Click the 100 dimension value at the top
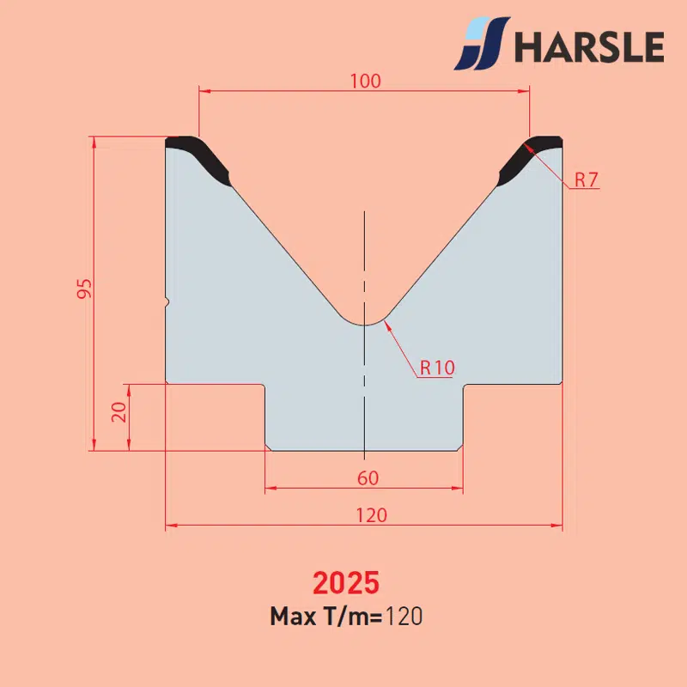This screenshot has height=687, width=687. (x=366, y=81)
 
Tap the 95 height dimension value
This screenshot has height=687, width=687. (x=84, y=289)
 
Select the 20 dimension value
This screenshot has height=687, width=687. (x=119, y=412)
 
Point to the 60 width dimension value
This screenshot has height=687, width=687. (x=368, y=478)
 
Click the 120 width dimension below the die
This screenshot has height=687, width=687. (x=372, y=515)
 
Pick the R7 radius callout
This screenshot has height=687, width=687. (x=587, y=179)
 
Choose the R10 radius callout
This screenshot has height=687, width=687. (x=437, y=368)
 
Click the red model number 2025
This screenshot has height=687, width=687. (x=346, y=583)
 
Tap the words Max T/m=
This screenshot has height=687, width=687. (x=326, y=616)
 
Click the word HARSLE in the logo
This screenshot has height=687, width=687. (x=589, y=46)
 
